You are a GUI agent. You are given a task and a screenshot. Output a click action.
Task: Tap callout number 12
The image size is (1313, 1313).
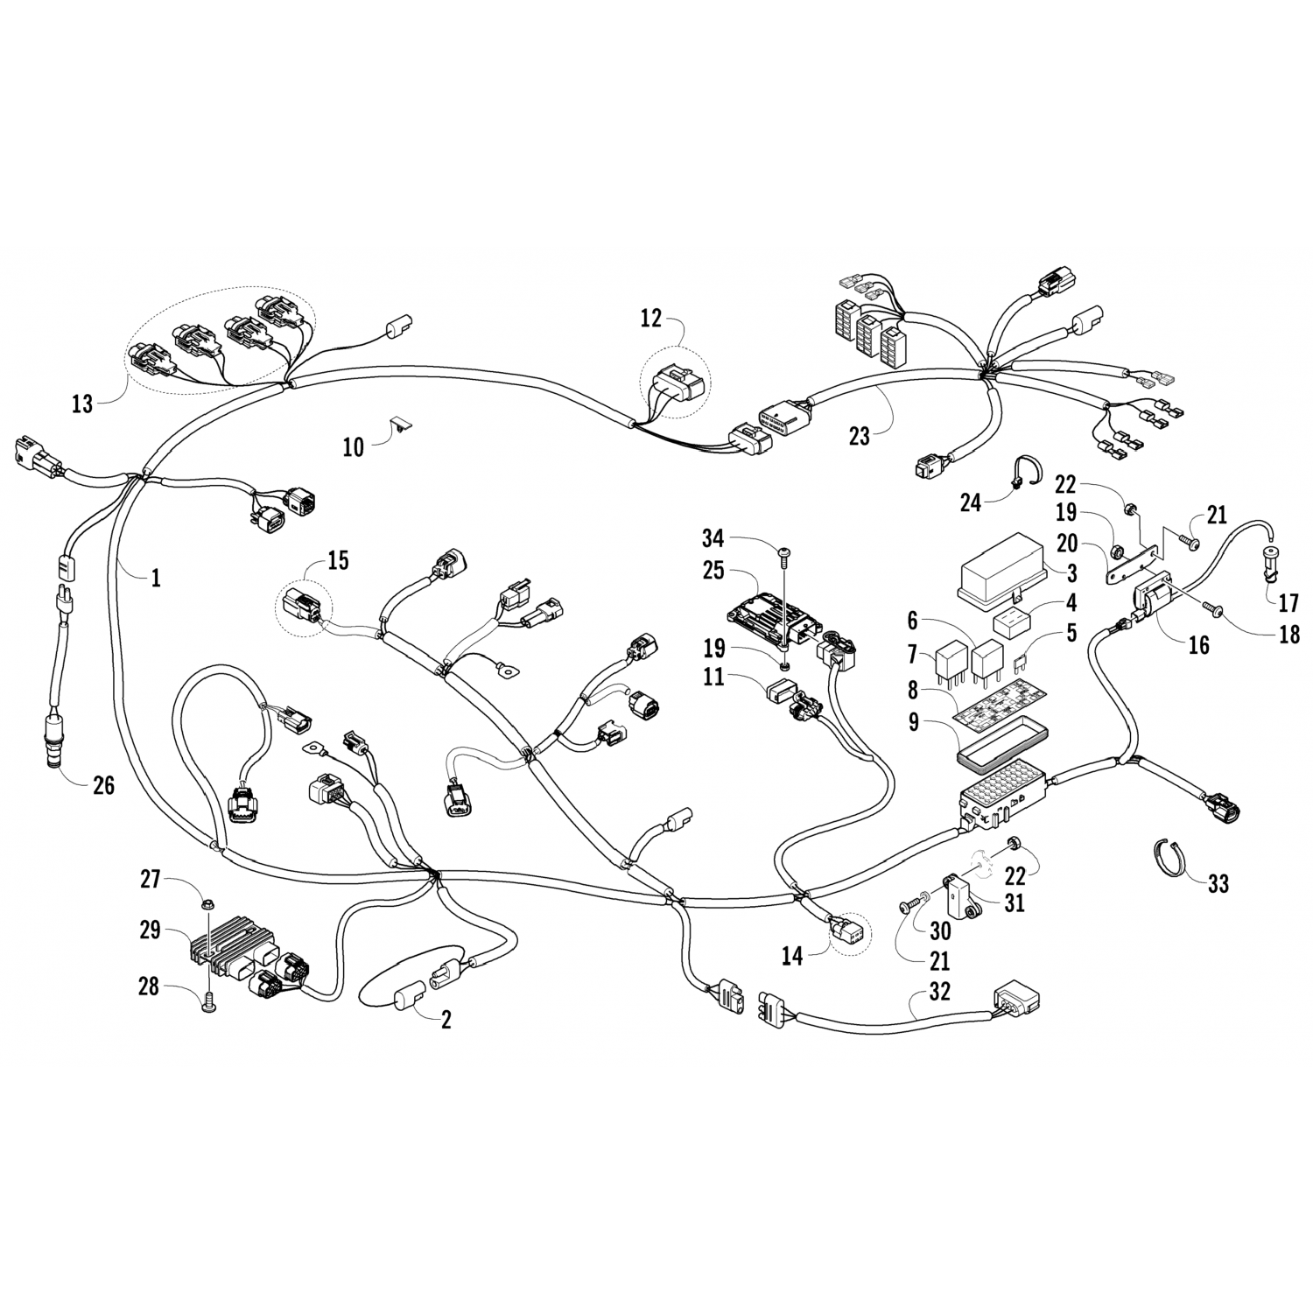point(650,319)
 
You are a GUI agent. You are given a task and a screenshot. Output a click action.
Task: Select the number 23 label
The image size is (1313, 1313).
point(860,435)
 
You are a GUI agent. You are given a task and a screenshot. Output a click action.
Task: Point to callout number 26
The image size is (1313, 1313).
point(103,785)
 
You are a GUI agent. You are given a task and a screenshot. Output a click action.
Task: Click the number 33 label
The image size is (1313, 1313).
point(1218,885)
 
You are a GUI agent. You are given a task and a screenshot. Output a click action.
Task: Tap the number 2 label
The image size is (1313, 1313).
point(446,1021)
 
